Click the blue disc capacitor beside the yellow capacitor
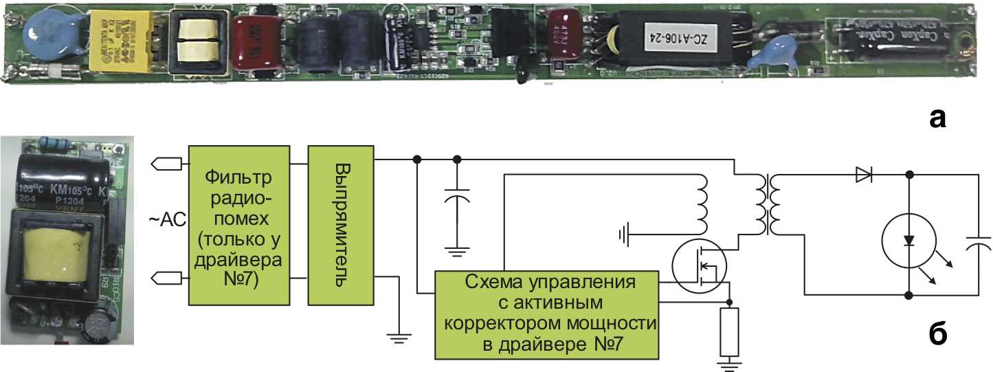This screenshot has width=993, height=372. [x=44, y=36]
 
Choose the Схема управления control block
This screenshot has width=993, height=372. [x=546, y=315]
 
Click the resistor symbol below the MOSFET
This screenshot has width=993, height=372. [x=729, y=331]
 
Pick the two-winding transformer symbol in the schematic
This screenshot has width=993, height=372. [x=769, y=204]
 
